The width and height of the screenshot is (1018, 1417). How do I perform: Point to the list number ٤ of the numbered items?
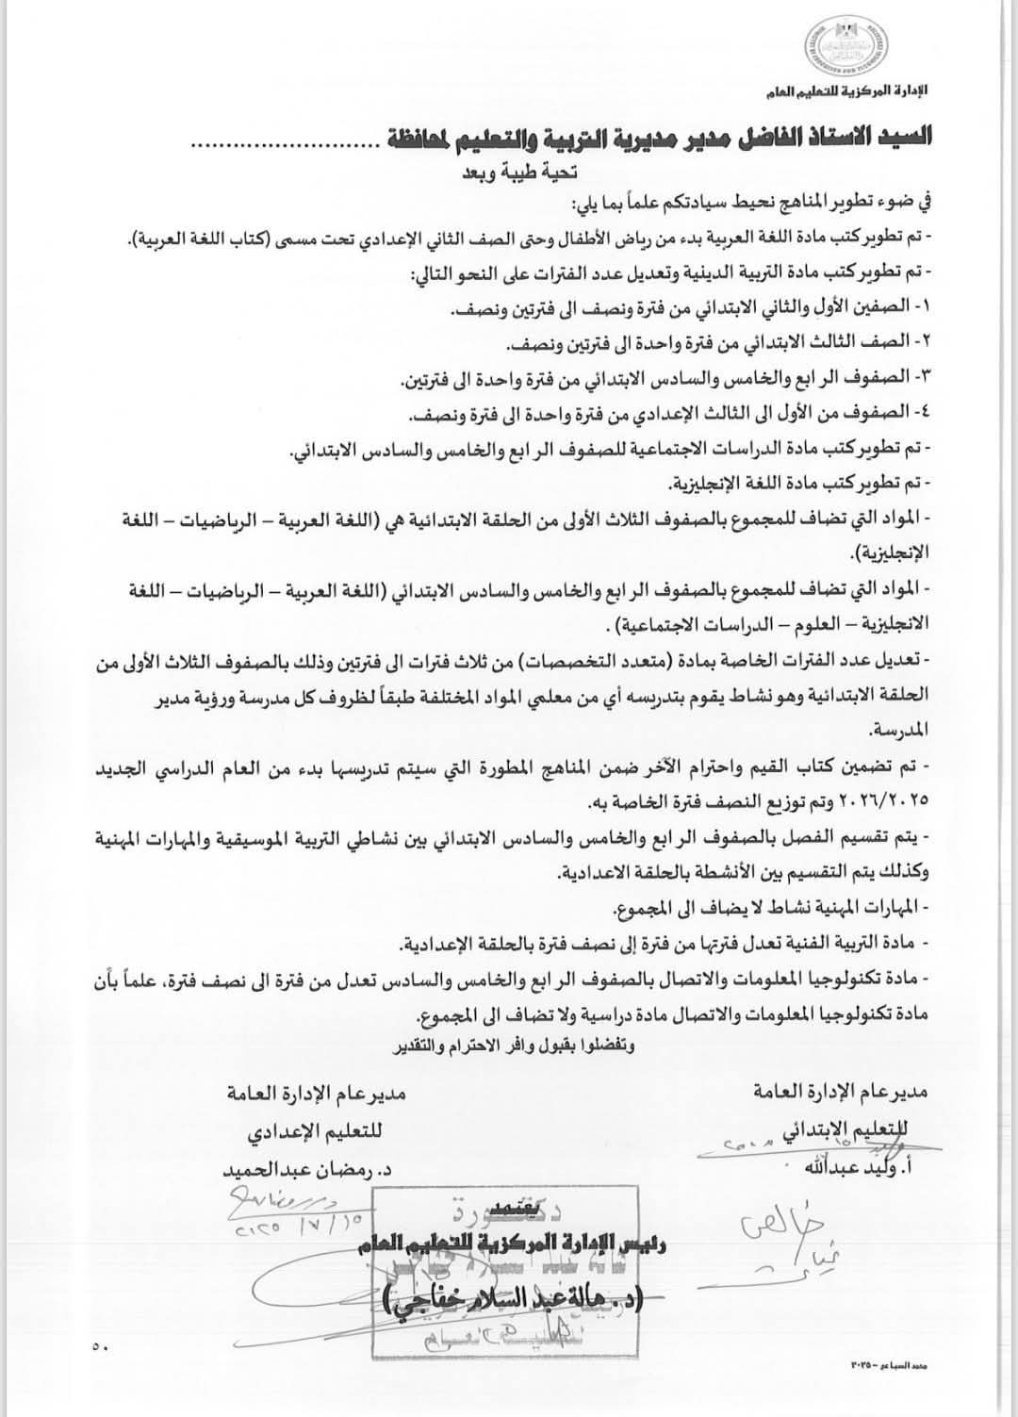click(920, 413)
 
